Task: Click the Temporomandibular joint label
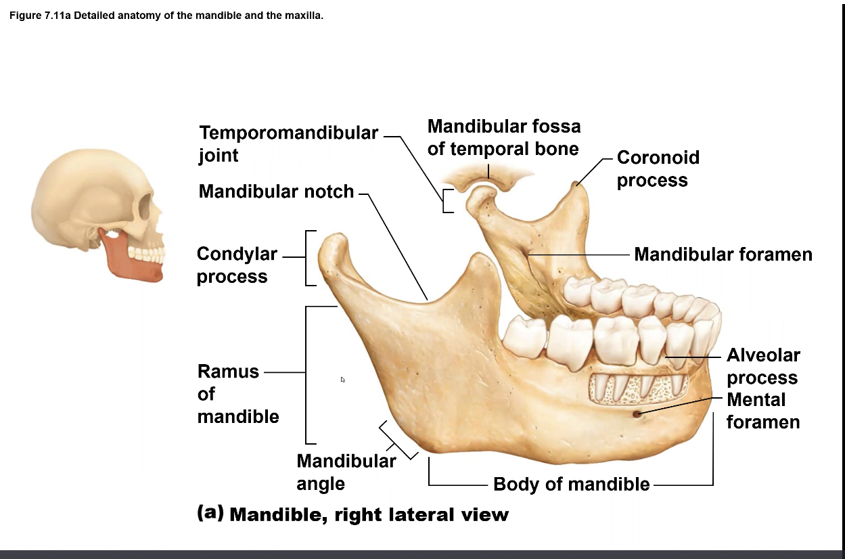288,143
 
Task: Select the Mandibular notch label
276,192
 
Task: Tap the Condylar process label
237,265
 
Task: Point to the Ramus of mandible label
237,394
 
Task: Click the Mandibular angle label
346,472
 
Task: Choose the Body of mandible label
571,484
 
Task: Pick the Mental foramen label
762,411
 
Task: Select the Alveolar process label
762,366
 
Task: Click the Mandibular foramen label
723,254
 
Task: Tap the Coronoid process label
658,169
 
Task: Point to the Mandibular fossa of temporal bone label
503,137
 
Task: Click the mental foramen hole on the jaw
637,413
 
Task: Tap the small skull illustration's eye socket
145,207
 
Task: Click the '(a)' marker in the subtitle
210,512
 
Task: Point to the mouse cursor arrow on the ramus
343,380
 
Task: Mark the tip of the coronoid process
576,182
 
